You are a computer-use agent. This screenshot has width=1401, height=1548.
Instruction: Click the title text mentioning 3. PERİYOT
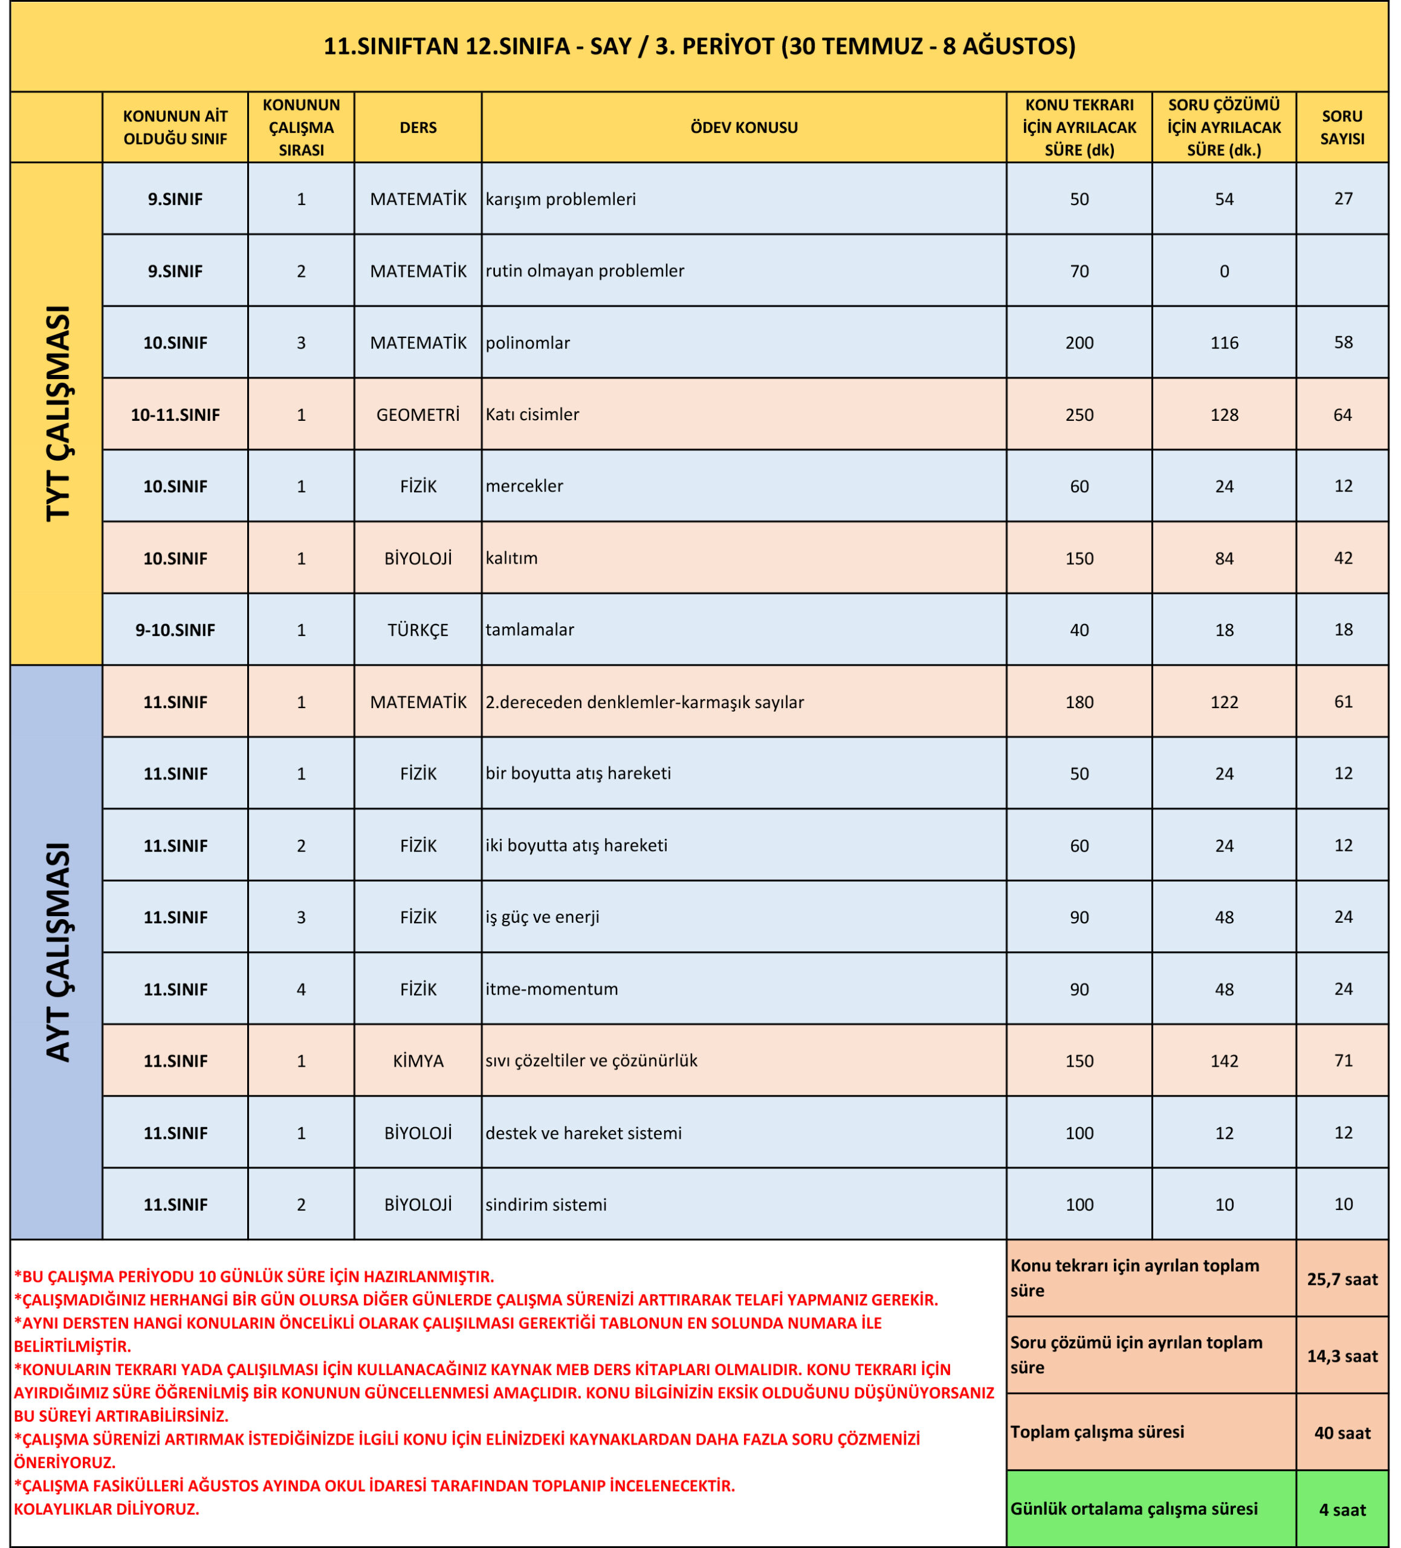click(x=699, y=46)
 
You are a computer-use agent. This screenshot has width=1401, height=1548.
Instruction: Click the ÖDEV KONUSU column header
click(x=743, y=128)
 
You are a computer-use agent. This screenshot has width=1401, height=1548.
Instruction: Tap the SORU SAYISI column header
click(x=1342, y=128)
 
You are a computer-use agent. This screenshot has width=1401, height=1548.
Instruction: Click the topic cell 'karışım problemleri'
click(x=560, y=199)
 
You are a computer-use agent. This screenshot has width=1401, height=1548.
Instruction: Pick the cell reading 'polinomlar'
click(x=528, y=342)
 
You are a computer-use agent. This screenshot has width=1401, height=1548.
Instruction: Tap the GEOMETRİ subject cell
click(x=418, y=415)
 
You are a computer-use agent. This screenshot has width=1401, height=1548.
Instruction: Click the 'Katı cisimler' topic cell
click(x=532, y=415)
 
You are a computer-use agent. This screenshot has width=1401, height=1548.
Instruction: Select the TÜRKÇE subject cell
click(x=418, y=629)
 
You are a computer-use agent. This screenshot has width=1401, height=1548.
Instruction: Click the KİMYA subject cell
click(x=418, y=1061)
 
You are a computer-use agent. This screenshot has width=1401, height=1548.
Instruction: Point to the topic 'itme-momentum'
click(x=551, y=989)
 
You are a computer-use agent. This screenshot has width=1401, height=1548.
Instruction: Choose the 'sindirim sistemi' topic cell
click(x=546, y=1204)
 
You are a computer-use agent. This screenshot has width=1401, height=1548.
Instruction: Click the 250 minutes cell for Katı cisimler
click(x=1079, y=415)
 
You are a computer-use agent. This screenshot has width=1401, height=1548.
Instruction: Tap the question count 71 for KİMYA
click(x=1342, y=1061)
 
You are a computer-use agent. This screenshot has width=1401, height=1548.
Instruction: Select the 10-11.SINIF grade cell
click(x=175, y=415)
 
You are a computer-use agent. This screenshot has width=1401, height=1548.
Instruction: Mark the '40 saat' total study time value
click(x=1342, y=1433)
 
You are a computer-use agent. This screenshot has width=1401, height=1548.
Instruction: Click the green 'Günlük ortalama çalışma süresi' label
click(x=1133, y=1509)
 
